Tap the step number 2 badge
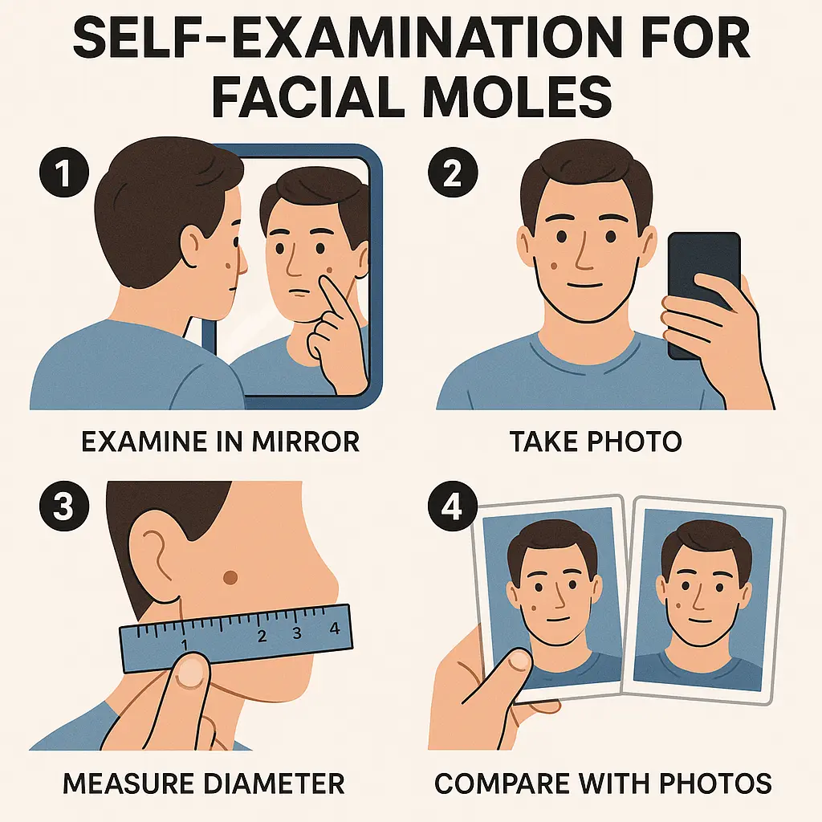point(452,176)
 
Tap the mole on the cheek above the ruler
point(230,576)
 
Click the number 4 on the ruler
point(335,629)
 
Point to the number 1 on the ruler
point(184,643)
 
